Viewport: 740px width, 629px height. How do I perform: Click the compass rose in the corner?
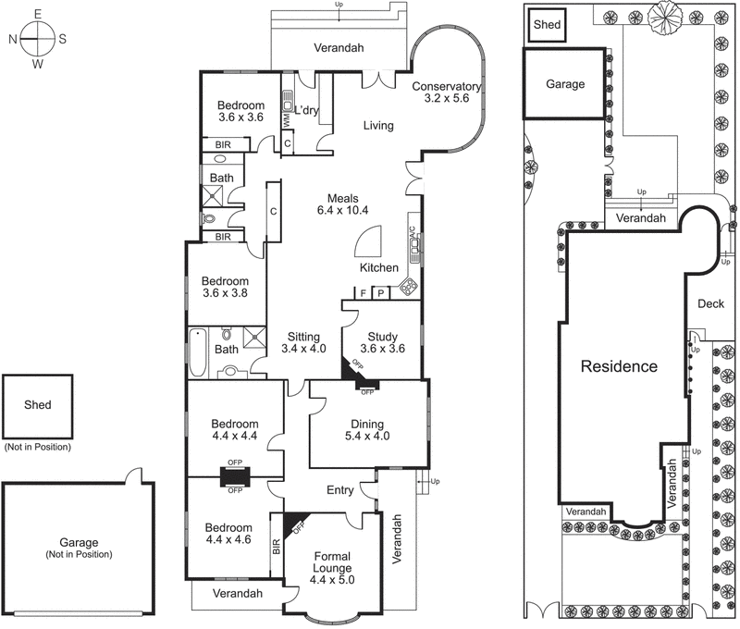[x=38, y=39]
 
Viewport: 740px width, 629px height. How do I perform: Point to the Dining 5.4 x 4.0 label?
[x=367, y=430]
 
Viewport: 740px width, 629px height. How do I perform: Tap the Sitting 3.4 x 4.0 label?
[x=303, y=343]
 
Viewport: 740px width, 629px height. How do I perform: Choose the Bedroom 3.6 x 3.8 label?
[x=226, y=288]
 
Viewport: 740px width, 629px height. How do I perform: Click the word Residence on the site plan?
[x=619, y=366]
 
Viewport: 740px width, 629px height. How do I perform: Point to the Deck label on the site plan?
[x=710, y=303]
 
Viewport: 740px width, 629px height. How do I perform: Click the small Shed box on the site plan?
[x=547, y=26]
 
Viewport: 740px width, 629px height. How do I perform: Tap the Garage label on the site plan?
[x=564, y=84]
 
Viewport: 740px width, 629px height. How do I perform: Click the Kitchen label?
[x=379, y=268]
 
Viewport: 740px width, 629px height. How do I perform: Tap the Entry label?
[x=339, y=490]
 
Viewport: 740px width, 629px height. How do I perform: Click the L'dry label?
[x=306, y=111]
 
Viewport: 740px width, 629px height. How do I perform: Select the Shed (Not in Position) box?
[x=38, y=406]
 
